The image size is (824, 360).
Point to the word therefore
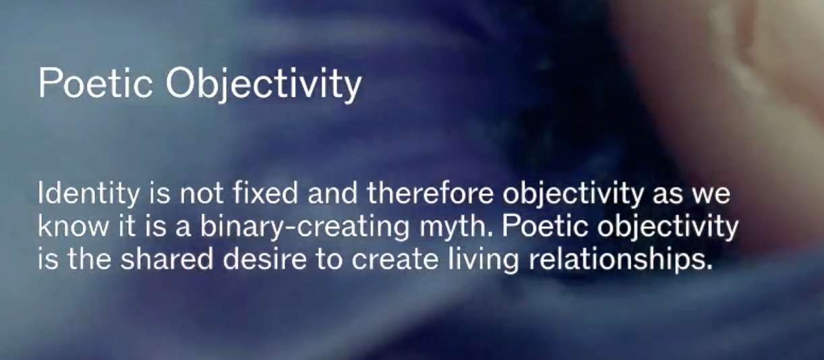click(430, 193)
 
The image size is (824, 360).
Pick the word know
click(73, 225)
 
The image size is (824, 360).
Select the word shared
click(167, 258)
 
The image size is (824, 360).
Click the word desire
click(265, 258)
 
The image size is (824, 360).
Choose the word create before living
click(394, 259)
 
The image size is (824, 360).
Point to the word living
click(483, 260)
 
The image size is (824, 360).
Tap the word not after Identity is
click(202, 194)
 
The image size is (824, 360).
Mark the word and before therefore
click(332, 193)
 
